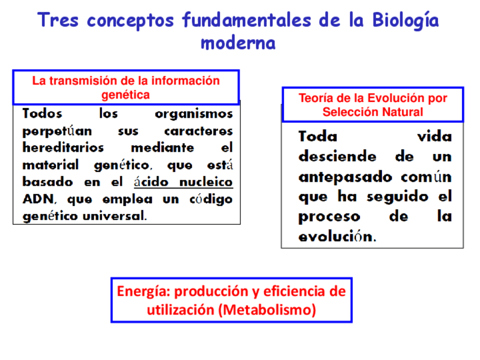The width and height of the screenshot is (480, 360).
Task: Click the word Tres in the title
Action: point(58,20)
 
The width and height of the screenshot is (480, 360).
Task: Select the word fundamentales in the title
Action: point(247,20)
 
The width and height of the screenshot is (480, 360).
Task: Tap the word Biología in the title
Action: point(406,21)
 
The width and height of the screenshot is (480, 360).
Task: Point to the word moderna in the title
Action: point(238,43)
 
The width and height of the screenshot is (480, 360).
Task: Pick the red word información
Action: point(186,81)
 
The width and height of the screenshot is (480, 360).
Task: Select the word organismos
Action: point(194,114)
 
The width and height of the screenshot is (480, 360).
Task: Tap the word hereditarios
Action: point(63,148)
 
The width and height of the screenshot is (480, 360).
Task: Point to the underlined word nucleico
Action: point(206,182)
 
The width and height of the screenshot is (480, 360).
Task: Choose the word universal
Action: point(115,216)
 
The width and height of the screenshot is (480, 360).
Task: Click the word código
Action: point(211,200)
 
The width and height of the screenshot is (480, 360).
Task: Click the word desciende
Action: point(337,156)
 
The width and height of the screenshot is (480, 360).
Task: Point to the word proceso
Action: point(329,217)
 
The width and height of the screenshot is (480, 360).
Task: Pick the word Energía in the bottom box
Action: point(144,291)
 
